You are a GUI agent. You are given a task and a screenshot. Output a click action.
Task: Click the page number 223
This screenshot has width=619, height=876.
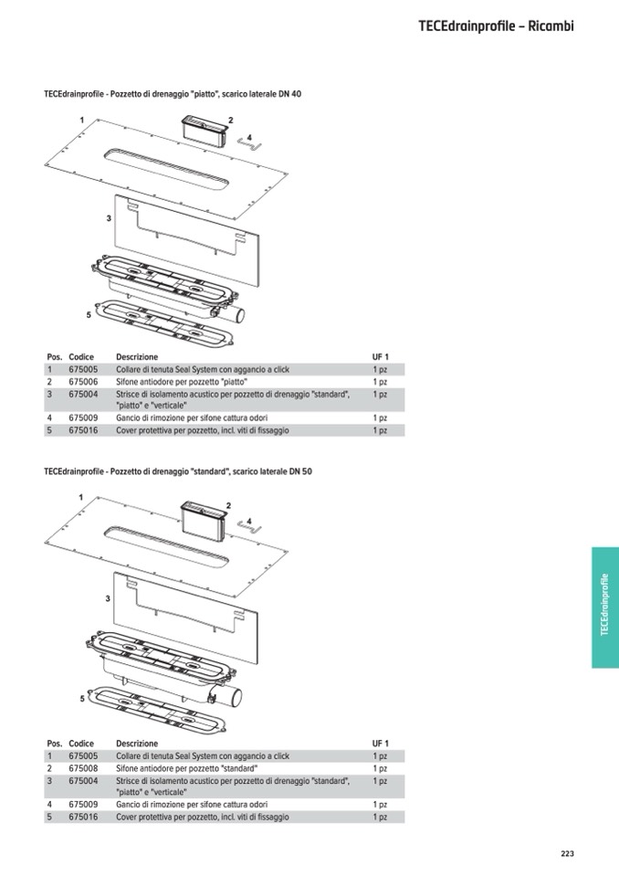567,853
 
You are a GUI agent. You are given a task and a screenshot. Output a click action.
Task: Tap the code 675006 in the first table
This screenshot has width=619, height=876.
83,382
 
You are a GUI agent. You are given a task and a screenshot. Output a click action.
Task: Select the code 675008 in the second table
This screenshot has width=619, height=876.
83,769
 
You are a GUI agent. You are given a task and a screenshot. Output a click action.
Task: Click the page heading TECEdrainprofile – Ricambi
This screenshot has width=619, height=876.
497,26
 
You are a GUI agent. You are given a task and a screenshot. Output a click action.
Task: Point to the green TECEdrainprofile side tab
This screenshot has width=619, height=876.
605,607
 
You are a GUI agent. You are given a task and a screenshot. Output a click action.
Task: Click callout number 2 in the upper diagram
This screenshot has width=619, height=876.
230,120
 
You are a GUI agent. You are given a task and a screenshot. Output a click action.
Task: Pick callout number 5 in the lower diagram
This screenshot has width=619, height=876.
82,699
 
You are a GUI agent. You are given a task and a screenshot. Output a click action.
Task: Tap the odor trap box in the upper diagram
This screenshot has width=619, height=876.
205,131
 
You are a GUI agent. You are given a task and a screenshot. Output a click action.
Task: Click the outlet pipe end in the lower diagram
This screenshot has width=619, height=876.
236,698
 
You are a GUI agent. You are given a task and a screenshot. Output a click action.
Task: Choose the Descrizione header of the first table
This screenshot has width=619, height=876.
137,357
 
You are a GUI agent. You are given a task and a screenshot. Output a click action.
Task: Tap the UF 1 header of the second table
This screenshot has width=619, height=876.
381,744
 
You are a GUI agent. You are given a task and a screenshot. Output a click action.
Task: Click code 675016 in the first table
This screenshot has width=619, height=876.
83,431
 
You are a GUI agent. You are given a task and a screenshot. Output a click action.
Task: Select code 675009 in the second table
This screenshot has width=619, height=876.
83,805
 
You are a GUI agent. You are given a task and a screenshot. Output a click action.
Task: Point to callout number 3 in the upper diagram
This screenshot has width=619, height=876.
109,218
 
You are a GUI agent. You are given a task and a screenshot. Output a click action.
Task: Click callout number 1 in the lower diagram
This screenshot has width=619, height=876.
81,497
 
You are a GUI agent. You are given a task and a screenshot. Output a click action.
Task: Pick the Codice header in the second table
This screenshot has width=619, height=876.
81,744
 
